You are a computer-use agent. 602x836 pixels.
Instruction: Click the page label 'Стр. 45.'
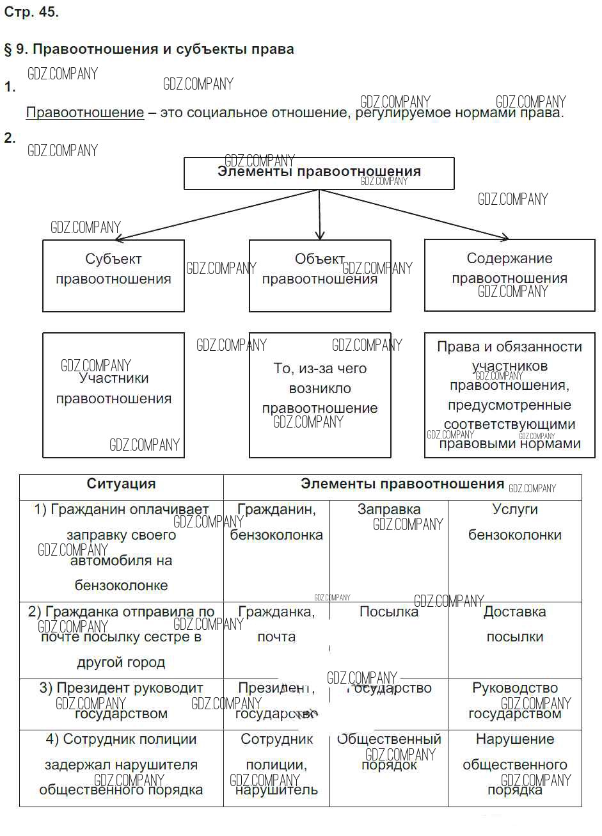tap(31, 12)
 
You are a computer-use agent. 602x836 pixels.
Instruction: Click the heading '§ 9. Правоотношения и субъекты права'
tap(149, 49)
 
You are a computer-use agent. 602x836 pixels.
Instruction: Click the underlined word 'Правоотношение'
tap(85, 113)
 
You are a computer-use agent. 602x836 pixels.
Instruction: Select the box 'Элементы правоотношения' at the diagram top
tap(319, 173)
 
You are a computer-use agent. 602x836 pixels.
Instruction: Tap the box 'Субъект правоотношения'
tap(113, 275)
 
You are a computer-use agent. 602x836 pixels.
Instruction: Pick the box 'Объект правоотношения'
tap(319, 275)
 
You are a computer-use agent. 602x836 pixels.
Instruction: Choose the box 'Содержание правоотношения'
tap(509, 275)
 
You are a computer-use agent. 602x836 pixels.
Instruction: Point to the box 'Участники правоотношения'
tap(113, 394)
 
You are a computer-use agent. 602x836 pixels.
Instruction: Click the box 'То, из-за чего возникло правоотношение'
tap(319, 394)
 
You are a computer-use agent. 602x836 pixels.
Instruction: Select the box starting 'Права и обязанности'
tap(509, 394)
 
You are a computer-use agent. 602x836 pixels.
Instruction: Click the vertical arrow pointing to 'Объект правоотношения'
tap(319, 215)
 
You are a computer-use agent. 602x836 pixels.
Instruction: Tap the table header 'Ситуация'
tap(121, 485)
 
